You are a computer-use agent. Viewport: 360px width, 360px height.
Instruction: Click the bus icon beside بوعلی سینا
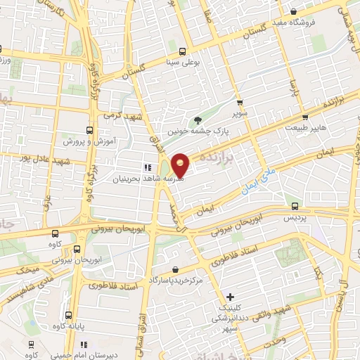(183, 51)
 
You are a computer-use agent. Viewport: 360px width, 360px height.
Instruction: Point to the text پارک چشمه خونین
(192, 131)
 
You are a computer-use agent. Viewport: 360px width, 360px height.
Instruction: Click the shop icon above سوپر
(239, 103)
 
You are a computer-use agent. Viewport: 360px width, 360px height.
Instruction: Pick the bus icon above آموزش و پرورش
(89, 129)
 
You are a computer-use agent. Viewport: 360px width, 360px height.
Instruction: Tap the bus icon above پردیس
(294, 206)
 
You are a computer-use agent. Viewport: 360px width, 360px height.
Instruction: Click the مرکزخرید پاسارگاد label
(174, 280)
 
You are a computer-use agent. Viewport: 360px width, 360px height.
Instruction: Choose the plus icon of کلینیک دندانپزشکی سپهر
(229, 297)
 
